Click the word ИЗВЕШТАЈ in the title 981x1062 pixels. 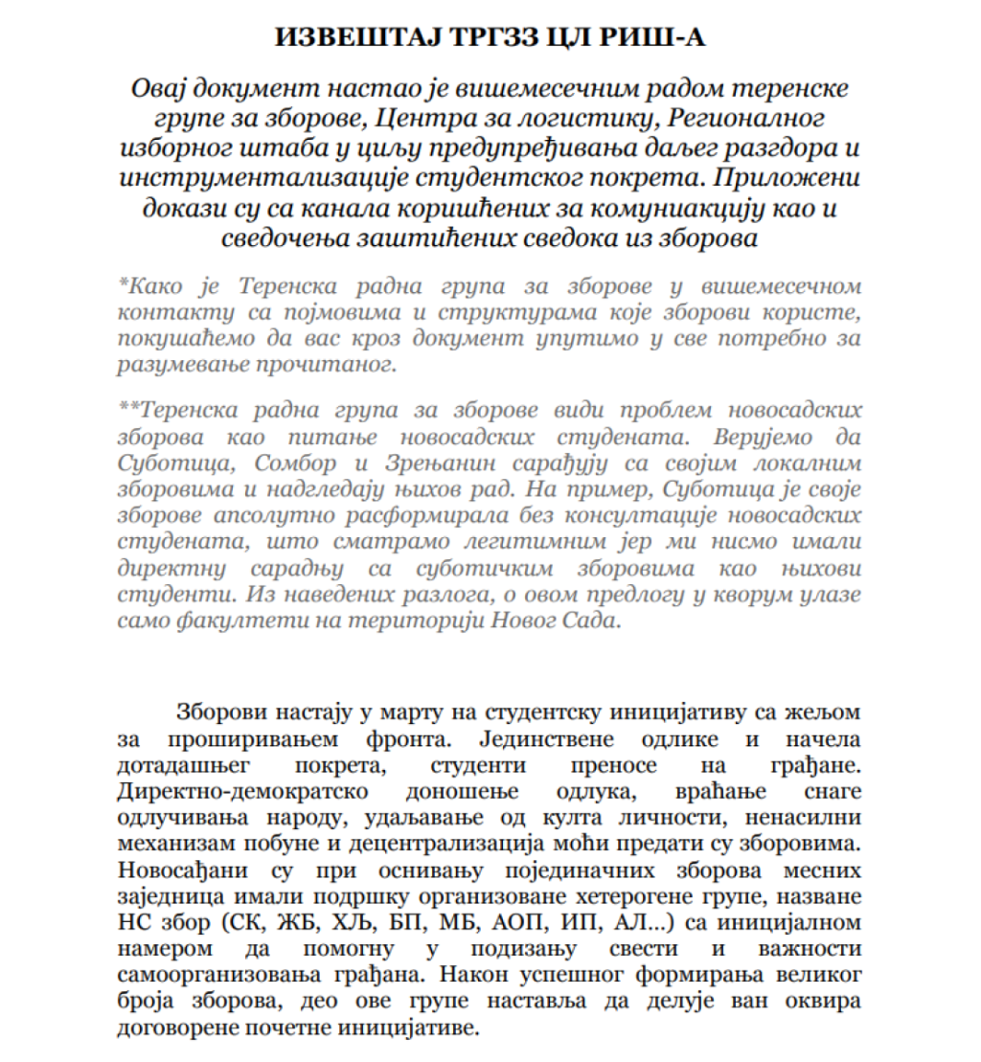click(344, 36)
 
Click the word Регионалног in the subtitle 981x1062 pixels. click(714, 120)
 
